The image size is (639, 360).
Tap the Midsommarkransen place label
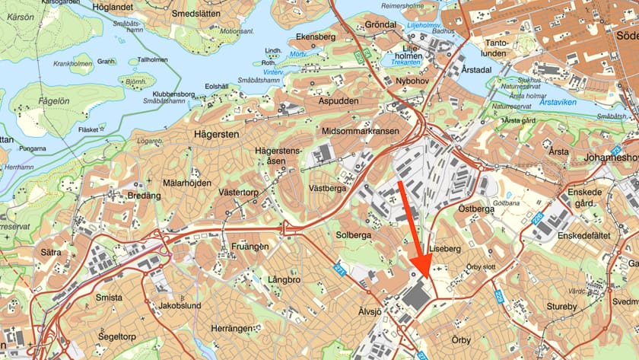click(x=361, y=131)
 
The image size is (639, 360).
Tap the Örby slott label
click(x=480, y=267)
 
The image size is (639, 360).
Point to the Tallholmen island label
click(x=152, y=59)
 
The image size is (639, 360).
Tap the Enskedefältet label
click(x=583, y=236)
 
